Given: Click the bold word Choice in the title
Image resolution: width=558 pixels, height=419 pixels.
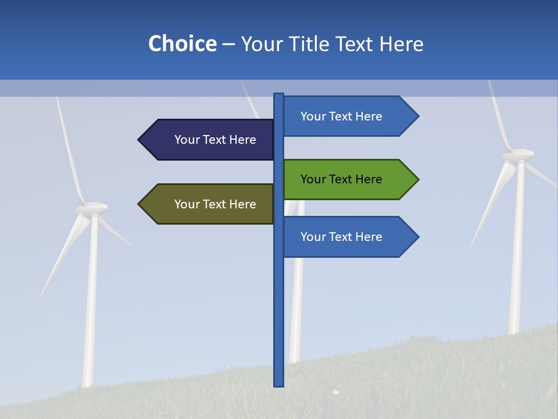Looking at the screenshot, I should pyautogui.click(x=182, y=44).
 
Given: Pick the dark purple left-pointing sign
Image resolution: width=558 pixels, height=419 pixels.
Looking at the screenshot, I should pyautogui.click(x=209, y=140).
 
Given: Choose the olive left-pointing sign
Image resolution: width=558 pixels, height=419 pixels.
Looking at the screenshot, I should pyautogui.click(x=209, y=204).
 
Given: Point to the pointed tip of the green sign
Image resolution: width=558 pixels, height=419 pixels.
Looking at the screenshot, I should pyautogui.click(x=417, y=179).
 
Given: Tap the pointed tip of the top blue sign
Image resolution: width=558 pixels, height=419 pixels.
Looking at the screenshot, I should pyautogui.click(x=417, y=116).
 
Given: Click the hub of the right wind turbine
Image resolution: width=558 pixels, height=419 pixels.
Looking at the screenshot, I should pyautogui.click(x=518, y=155).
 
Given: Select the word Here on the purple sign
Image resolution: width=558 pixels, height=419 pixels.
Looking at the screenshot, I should pyautogui.click(x=243, y=140).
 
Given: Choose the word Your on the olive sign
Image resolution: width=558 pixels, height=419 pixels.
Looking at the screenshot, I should pyautogui.click(x=187, y=204).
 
